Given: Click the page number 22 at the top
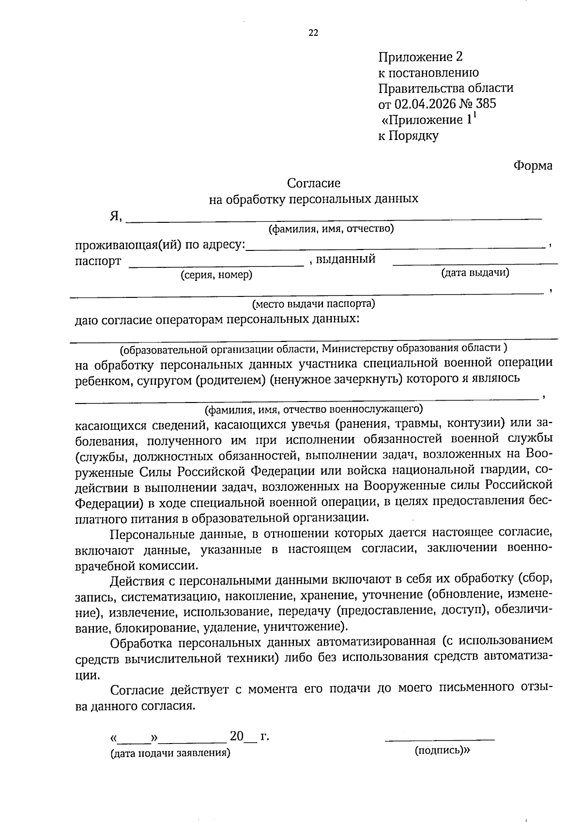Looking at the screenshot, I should [x=313, y=33].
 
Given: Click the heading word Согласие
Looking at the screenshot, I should [x=314, y=183].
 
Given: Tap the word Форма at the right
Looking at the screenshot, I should [x=533, y=166].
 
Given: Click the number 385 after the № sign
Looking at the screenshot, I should [x=486, y=104].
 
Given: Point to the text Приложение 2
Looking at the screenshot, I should [x=420, y=57].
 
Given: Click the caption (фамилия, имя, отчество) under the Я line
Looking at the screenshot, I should [x=331, y=229].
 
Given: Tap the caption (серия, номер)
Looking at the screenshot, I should [x=216, y=275].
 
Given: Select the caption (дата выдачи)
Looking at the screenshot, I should [x=475, y=273].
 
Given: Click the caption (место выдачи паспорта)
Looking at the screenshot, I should [x=313, y=304].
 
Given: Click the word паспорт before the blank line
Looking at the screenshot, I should [x=98, y=262].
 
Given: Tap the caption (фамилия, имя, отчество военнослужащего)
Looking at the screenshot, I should [x=314, y=410].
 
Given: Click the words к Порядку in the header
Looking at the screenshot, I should [x=408, y=136].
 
